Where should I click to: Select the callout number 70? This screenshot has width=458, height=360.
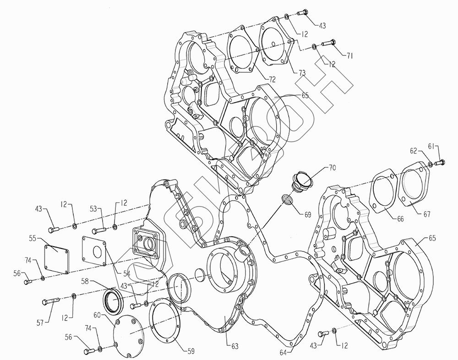click(332, 168)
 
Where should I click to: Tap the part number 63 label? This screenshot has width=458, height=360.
click(234, 346)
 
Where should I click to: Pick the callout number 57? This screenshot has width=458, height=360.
click(40, 322)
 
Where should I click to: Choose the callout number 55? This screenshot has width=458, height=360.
click(33, 238)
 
